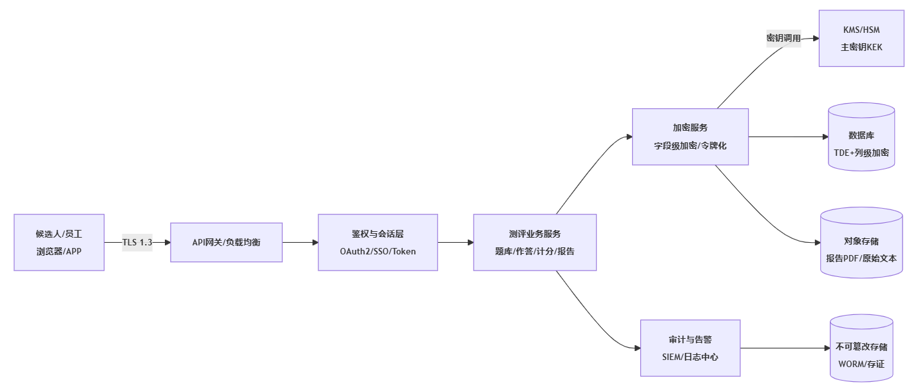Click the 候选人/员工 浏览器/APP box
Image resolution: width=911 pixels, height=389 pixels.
pos(59,242)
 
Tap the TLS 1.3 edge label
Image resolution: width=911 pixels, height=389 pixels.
pos(137,242)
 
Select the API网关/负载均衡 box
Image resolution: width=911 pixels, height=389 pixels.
pos(226,242)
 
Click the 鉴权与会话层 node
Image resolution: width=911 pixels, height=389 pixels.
pos(378,234)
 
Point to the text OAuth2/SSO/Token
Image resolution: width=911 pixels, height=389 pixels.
pos(378,251)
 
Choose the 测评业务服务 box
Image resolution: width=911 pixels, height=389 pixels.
pos(535,234)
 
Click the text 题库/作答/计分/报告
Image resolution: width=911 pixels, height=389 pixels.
pos(535,251)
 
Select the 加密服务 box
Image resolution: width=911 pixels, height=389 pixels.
pos(690,128)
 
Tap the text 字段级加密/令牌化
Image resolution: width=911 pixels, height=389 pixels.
pos(690,146)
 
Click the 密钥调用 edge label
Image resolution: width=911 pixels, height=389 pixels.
pos(783,39)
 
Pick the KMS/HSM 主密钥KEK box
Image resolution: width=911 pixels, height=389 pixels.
pos(861,39)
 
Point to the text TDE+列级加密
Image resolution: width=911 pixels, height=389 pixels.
pos(861,153)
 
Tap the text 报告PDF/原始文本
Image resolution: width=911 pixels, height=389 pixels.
pos(861,258)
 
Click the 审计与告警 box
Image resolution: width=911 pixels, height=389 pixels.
pos(690,340)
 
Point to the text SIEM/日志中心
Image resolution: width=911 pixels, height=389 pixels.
pos(690,357)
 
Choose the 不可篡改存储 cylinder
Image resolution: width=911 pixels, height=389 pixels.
pos(861,348)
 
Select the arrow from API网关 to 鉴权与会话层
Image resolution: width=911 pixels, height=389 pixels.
pos(300,242)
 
